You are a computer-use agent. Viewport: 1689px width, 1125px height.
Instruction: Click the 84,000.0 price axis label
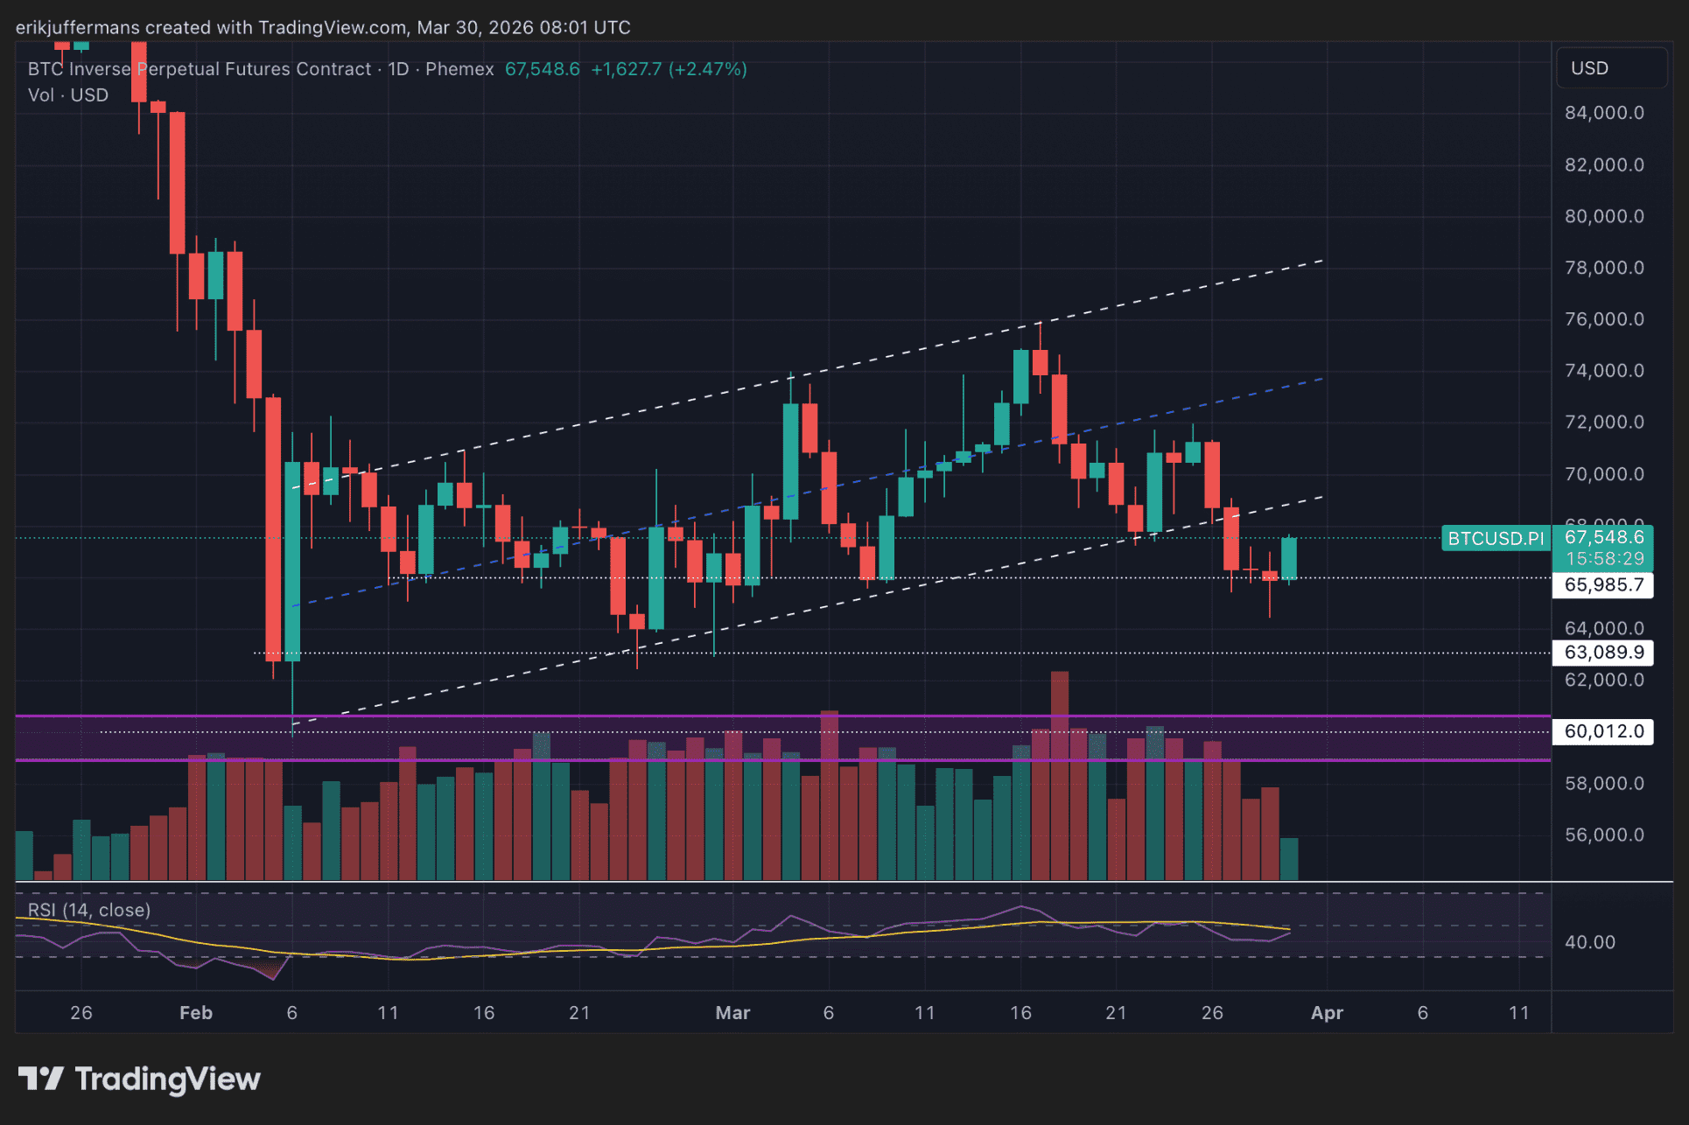tap(1603, 113)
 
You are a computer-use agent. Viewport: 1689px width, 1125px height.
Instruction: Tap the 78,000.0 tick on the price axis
tap(1603, 268)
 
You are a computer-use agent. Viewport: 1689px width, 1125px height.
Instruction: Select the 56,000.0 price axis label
tap(1603, 835)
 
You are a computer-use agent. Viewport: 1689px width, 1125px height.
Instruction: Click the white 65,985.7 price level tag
tap(1603, 584)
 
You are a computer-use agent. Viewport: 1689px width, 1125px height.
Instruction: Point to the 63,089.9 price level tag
tap(1603, 652)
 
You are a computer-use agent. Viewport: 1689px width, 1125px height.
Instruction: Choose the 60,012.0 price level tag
tap(1603, 731)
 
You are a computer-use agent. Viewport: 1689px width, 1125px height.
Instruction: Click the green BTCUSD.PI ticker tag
tap(1496, 538)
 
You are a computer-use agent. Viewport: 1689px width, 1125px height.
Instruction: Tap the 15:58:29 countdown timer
tap(1604, 558)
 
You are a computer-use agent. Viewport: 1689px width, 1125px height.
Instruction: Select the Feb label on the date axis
tap(196, 1012)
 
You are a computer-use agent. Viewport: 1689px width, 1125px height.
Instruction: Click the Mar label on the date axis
tap(732, 1012)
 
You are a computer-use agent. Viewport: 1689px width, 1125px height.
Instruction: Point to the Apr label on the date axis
tap(1327, 1012)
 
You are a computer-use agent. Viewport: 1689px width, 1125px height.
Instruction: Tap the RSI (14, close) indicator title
tap(89, 910)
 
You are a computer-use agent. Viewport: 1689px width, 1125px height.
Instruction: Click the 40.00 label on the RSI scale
tap(1589, 942)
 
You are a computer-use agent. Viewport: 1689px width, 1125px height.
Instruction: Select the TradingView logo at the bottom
tap(140, 1079)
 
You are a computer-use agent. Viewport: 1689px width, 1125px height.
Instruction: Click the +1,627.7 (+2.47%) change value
tap(669, 69)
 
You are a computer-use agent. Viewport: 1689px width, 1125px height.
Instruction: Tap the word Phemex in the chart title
tap(459, 69)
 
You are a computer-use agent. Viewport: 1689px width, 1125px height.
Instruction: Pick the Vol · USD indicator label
tap(68, 95)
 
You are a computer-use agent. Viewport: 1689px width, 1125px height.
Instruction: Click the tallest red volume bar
tap(1060, 774)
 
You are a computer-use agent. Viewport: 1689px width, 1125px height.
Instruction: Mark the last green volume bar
tap(1289, 858)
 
